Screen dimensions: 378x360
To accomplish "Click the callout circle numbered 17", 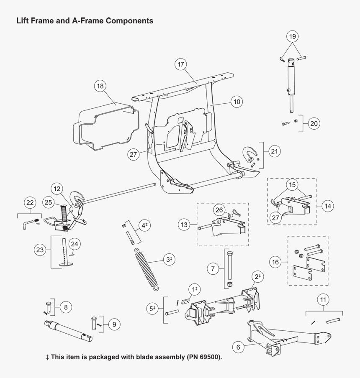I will [x=180, y=65].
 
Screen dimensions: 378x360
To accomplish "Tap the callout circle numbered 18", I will [x=100, y=86].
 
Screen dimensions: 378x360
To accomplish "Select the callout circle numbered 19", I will [x=293, y=37].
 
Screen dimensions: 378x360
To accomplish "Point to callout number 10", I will [x=237, y=102].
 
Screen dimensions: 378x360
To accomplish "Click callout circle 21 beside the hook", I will [x=274, y=151].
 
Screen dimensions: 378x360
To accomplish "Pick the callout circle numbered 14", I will [x=328, y=206].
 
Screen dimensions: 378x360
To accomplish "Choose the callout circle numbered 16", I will [x=275, y=263].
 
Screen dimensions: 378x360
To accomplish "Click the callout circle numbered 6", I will [x=238, y=347].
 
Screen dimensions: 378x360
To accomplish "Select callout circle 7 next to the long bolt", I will [x=213, y=269].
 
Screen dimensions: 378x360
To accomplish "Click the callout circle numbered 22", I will [x=30, y=203].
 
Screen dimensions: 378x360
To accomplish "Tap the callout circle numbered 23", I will [x=40, y=250].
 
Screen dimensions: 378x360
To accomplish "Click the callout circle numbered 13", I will [x=183, y=225].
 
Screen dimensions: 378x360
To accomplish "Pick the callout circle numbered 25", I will [x=49, y=203].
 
